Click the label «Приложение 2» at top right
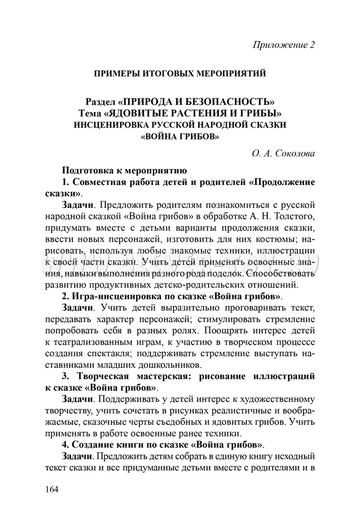coord(284,44)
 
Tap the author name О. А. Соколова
coord(284,154)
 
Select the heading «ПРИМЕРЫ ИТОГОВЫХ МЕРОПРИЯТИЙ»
coord(180,73)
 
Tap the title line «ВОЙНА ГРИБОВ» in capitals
coord(180,136)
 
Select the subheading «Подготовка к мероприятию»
coord(125,170)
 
